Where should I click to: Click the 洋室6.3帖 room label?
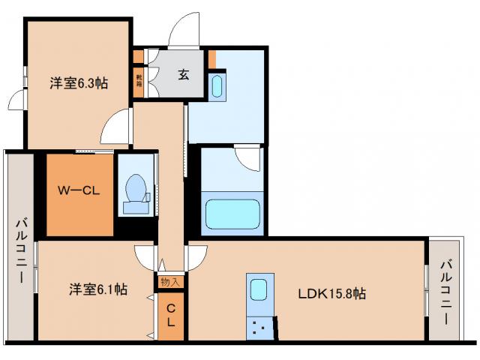pyautogui.click(x=79, y=83)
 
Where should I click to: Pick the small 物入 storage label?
pyautogui.click(x=170, y=283)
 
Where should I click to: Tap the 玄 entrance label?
pyautogui.click(x=183, y=73)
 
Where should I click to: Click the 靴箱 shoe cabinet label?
pyautogui.click(x=139, y=82)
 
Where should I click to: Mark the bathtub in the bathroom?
pyautogui.click(x=232, y=217)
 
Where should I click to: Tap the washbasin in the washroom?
pyautogui.click(x=217, y=86)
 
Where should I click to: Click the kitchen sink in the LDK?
pyautogui.click(x=259, y=289)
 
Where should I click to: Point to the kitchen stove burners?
pyautogui.click(x=259, y=325)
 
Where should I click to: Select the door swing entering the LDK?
pyautogui.click(x=196, y=255)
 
